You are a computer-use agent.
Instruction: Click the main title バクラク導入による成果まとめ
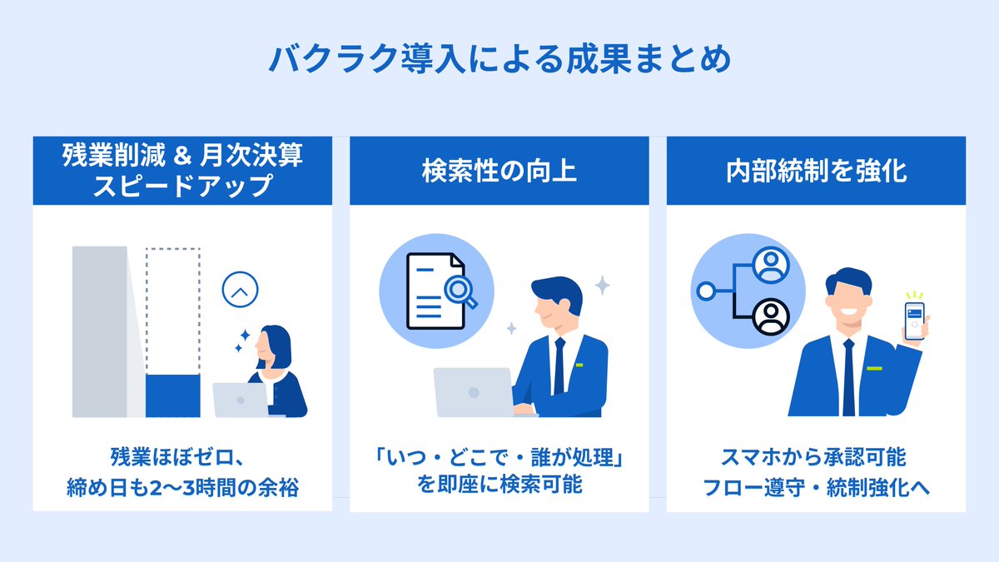(x=499, y=61)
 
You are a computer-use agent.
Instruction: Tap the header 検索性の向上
(x=499, y=172)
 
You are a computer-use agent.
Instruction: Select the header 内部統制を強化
(x=816, y=172)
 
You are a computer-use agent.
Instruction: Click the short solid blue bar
(x=173, y=395)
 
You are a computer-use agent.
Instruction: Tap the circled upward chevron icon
(x=241, y=291)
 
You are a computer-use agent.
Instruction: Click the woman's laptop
(x=241, y=400)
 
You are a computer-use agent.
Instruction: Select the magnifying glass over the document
(x=459, y=291)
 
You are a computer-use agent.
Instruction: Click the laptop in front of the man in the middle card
(x=473, y=392)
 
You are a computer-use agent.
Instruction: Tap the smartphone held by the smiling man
(x=916, y=321)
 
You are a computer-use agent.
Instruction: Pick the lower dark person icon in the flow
(x=769, y=316)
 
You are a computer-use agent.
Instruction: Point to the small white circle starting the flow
(x=707, y=291)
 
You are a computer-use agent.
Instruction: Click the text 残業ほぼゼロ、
(x=181, y=457)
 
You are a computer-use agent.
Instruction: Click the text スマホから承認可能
(x=816, y=457)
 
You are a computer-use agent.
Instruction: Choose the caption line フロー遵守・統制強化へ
(x=816, y=487)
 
